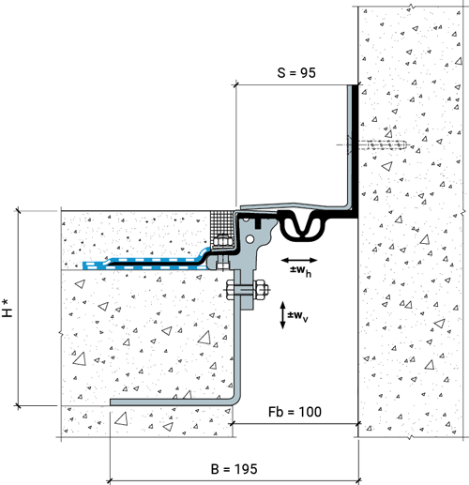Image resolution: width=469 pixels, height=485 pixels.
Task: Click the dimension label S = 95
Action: [296, 72]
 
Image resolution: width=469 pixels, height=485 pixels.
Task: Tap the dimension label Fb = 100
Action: [295, 412]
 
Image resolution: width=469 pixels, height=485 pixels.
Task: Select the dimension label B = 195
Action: [234, 469]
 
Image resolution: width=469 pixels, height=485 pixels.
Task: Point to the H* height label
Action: [8, 308]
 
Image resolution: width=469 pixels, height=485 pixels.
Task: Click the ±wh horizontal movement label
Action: [300, 271]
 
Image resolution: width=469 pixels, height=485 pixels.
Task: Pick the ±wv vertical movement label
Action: [297, 316]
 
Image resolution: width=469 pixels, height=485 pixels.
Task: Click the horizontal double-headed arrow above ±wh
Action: [299, 260]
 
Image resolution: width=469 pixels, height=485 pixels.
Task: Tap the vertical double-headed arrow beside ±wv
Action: [282, 315]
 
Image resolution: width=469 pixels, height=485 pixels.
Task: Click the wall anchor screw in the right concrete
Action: [377, 145]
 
